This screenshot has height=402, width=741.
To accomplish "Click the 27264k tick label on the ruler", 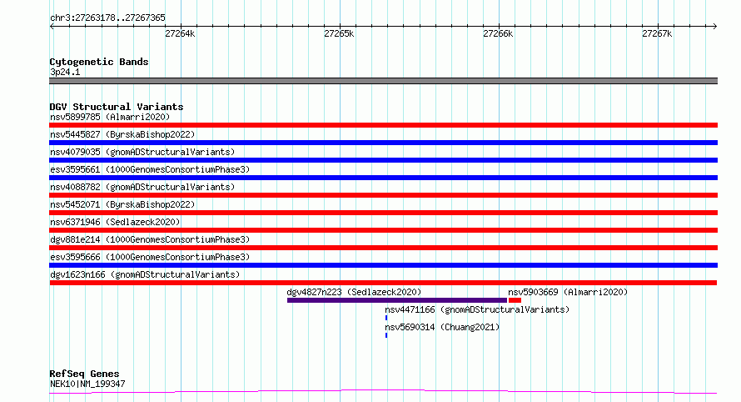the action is pyautogui.click(x=180, y=33).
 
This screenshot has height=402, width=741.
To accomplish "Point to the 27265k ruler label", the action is pyautogui.click(x=339, y=33).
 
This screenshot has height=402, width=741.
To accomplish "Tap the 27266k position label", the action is pyautogui.click(x=498, y=33).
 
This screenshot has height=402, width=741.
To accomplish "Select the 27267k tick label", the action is pyautogui.click(x=657, y=33).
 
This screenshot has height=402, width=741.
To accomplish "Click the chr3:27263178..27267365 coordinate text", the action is pyautogui.click(x=107, y=18).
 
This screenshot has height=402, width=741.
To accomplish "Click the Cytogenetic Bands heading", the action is pyautogui.click(x=99, y=62).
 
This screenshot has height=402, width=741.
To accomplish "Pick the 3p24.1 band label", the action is pyautogui.click(x=65, y=72).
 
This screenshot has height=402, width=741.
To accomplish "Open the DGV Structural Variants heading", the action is pyautogui.click(x=117, y=107).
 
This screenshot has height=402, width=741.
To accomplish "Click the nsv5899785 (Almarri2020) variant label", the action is pyautogui.click(x=110, y=117).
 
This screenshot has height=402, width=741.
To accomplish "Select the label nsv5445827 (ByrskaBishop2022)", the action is pyautogui.click(x=122, y=134).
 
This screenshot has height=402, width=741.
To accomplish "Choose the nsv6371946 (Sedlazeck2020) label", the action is pyautogui.click(x=115, y=222).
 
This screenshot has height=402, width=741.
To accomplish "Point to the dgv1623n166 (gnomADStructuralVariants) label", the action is pyautogui.click(x=145, y=274).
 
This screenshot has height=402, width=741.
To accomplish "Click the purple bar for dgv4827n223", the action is pyautogui.click(x=397, y=300).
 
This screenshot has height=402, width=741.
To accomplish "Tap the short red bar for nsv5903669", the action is pyautogui.click(x=515, y=300).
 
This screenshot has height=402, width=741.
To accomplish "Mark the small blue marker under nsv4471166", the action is pyautogui.click(x=386, y=318).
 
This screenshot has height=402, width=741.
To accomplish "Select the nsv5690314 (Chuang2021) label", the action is pyautogui.click(x=442, y=327).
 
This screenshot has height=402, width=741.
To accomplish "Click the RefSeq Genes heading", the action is pyautogui.click(x=84, y=374).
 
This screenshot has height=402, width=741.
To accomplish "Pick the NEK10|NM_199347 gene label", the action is pyautogui.click(x=87, y=384).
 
